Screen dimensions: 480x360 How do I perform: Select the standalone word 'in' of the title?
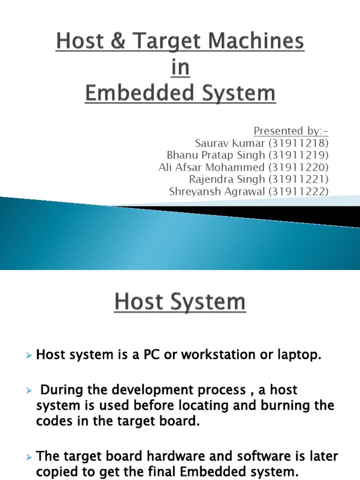click(180, 68)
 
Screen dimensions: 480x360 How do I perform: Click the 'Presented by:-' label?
click(291, 130)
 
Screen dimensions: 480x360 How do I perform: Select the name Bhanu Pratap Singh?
click(216, 155)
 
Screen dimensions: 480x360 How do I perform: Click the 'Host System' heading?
click(180, 302)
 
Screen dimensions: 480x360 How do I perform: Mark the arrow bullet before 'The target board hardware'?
click(29, 457)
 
